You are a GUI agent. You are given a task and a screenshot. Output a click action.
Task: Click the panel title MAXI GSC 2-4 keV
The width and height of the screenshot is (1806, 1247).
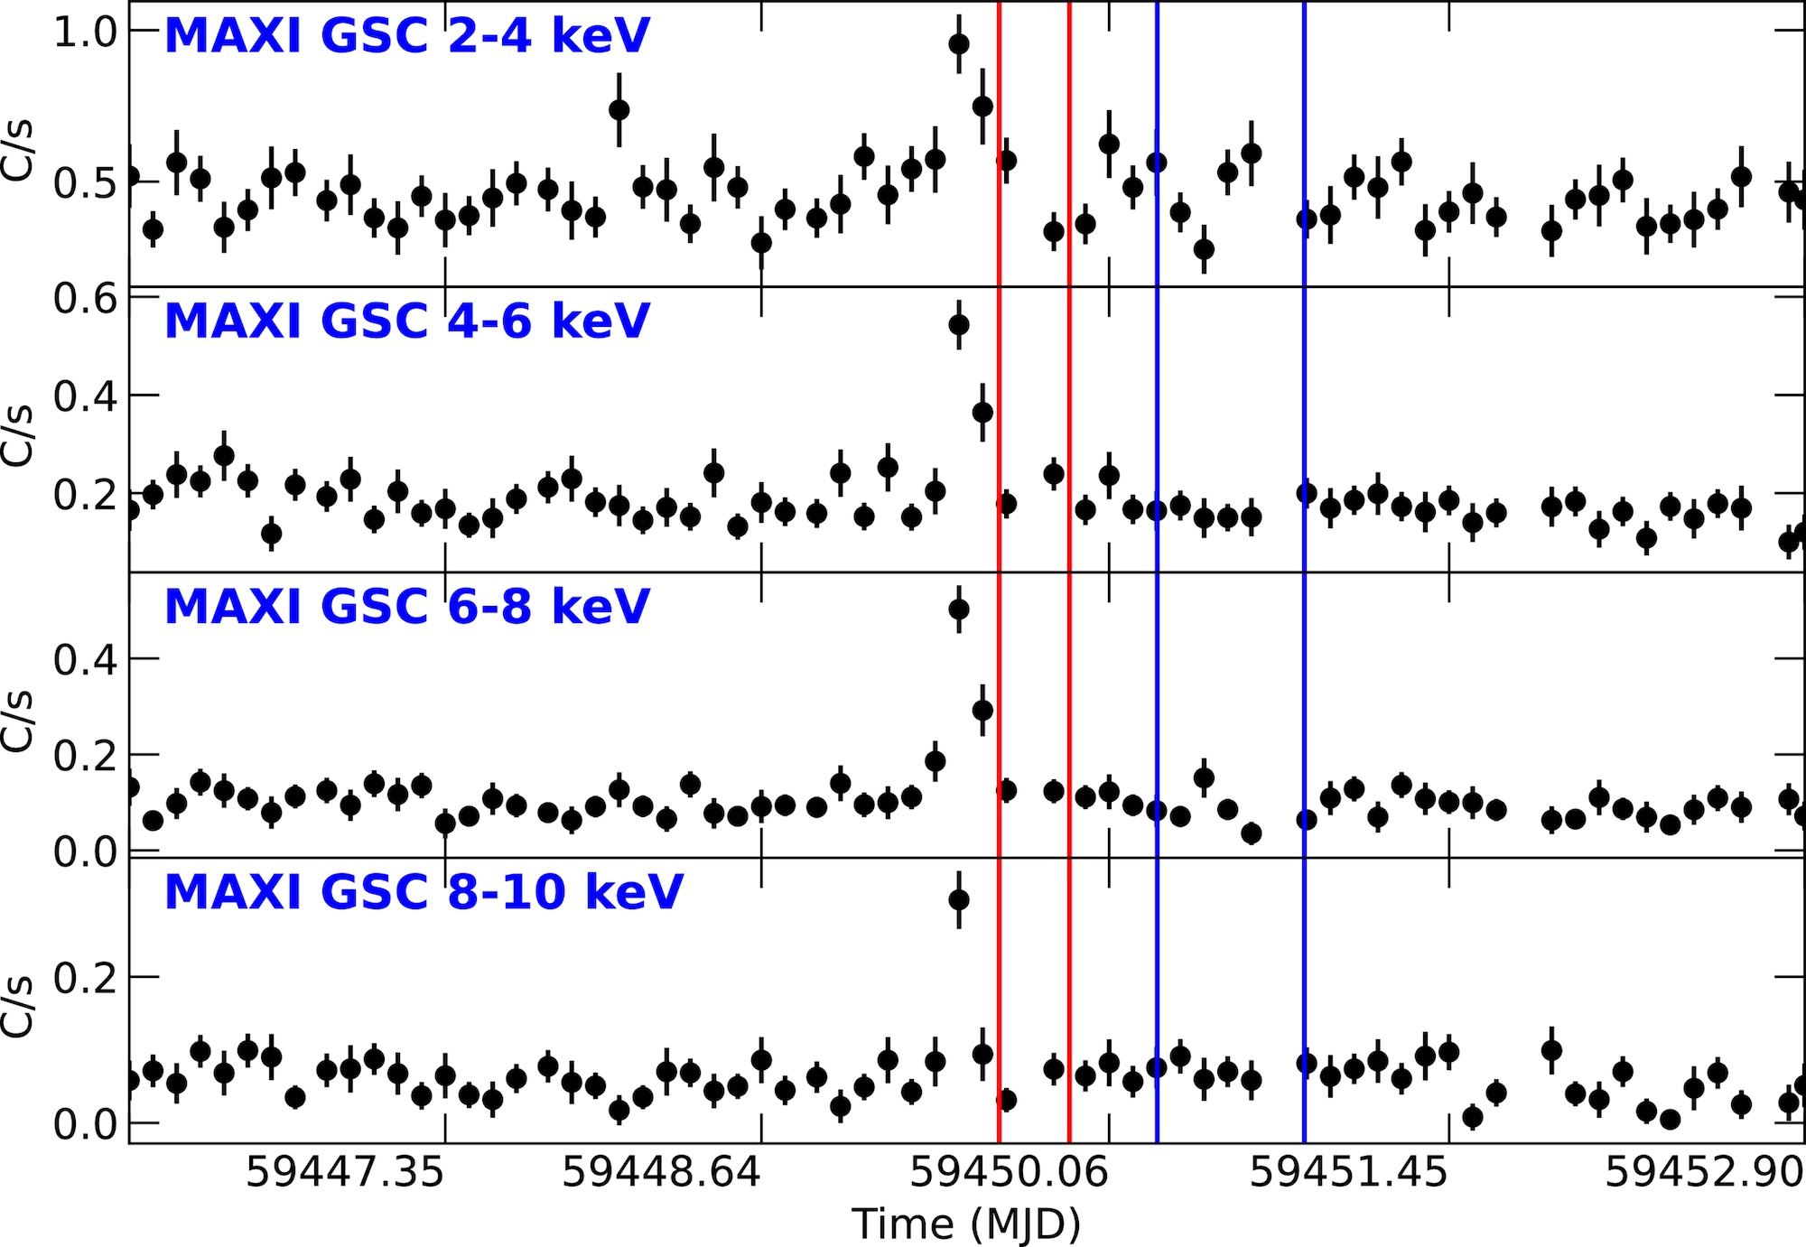click(406, 36)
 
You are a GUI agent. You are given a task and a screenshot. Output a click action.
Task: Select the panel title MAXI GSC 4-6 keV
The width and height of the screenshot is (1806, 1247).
click(406, 321)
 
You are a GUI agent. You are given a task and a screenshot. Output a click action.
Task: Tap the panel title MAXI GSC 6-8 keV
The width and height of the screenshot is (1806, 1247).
click(406, 606)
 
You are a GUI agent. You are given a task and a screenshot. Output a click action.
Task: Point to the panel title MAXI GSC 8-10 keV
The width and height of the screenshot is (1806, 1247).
click(424, 892)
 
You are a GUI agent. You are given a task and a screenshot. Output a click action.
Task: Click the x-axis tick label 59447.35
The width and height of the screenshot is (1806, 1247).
click(345, 1172)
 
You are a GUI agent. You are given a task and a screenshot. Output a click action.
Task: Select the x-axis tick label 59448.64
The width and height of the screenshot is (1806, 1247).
click(661, 1172)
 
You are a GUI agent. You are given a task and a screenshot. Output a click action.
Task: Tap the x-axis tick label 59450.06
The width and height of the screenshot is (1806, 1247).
click(1009, 1172)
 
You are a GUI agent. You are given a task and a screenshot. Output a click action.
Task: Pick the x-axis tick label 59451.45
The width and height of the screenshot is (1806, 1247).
click(1348, 1172)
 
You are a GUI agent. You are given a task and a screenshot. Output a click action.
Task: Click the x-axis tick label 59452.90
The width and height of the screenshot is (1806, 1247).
click(1704, 1172)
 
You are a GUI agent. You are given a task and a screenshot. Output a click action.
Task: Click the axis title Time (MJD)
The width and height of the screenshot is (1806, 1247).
click(966, 1224)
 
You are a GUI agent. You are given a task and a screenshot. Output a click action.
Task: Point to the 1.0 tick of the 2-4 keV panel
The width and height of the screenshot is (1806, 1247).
click(85, 32)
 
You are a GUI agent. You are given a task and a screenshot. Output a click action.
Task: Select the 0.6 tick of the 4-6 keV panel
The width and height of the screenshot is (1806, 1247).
click(85, 298)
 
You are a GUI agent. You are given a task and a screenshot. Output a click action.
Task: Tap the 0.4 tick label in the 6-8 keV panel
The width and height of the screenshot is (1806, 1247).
click(85, 660)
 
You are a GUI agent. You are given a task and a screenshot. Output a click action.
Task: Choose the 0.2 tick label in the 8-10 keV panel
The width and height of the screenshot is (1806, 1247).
click(85, 978)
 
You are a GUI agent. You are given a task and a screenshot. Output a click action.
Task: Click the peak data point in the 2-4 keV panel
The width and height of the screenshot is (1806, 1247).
click(959, 43)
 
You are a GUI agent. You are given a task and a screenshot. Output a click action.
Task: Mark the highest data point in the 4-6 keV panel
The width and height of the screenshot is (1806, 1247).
click(959, 324)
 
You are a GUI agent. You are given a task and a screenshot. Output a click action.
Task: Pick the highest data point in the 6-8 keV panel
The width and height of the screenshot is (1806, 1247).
click(959, 610)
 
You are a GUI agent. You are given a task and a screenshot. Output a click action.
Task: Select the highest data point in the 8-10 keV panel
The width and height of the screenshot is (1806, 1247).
click(959, 899)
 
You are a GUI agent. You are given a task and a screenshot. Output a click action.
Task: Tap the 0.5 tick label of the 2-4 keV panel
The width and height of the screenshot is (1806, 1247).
click(85, 182)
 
